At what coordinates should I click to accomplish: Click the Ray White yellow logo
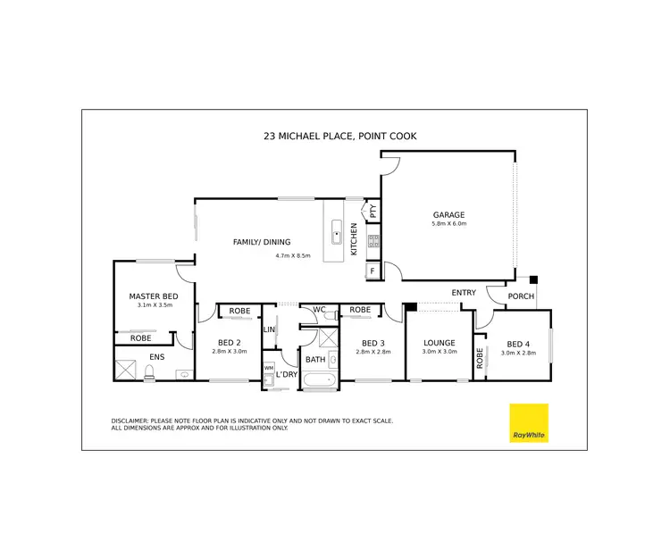click(528, 422)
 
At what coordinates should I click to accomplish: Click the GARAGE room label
click(448, 214)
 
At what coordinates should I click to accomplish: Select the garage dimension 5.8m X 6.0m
click(448, 224)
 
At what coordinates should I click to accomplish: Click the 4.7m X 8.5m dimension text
click(292, 255)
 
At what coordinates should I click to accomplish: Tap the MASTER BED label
click(154, 296)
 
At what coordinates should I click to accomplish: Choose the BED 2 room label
click(229, 342)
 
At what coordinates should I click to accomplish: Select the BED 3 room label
click(373, 343)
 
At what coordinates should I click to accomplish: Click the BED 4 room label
click(519, 345)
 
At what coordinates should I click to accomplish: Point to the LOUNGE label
click(440, 343)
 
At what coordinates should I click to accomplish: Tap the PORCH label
click(520, 296)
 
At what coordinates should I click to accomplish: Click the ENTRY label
click(464, 293)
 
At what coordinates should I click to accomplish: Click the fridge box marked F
click(372, 269)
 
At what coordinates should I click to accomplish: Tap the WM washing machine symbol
click(268, 368)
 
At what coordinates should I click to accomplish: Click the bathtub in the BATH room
click(319, 382)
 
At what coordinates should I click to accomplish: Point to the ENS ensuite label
click(157, 357)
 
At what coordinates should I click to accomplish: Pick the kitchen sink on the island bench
click(337, 235)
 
